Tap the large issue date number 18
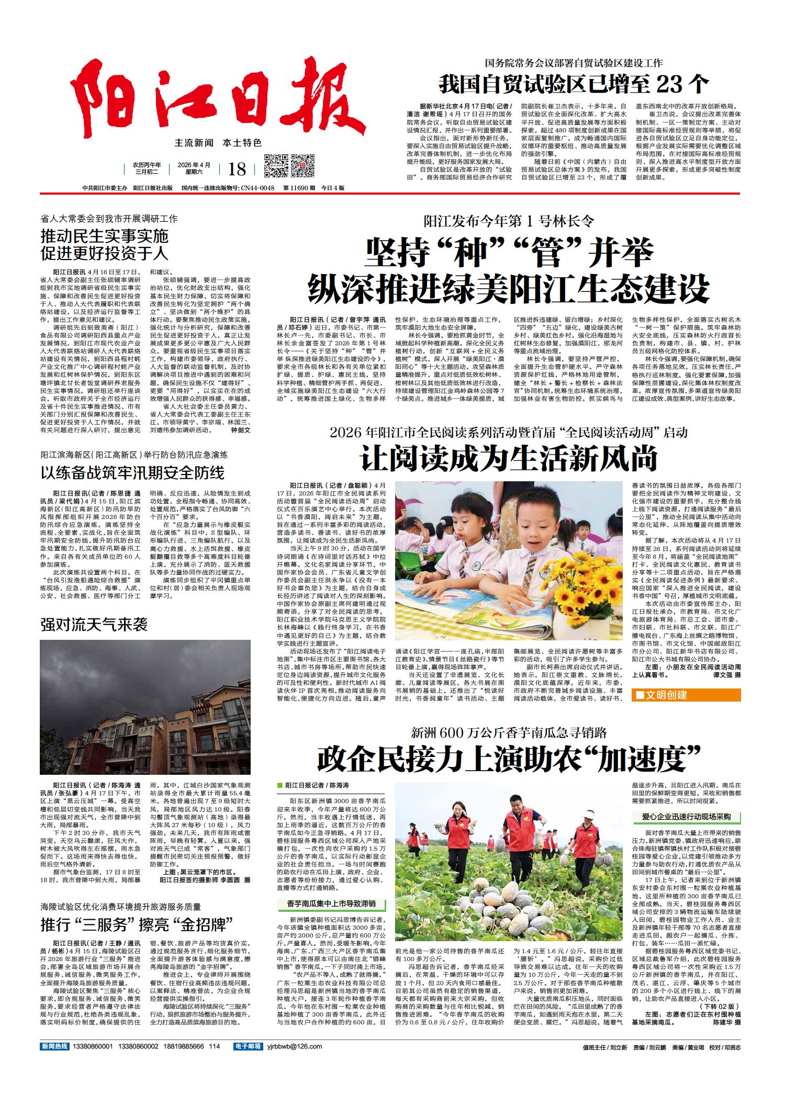(x=237, y=168)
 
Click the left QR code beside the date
(x=275, y=166)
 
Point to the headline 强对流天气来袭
(x=94, y=624)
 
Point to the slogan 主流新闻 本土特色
(x=218, y=142)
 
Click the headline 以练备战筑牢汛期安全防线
(x=133, y=473)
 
